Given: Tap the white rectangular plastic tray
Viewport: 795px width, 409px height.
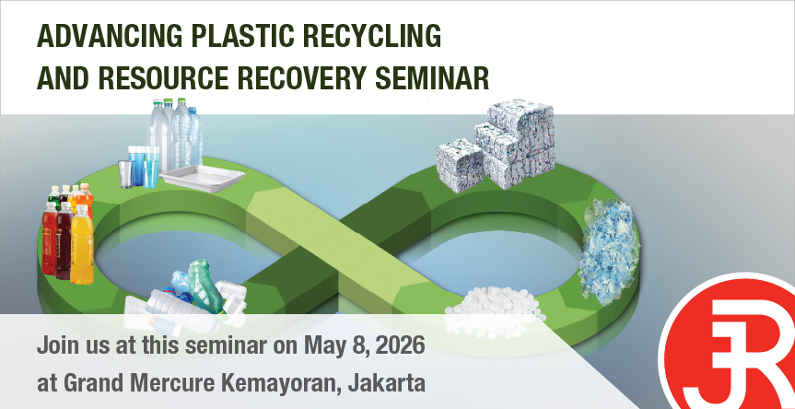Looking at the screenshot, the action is point(203,178).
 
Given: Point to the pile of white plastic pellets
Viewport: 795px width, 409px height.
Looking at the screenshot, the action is point(495,311).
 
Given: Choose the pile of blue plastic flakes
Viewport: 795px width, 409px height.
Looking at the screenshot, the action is point(608,251).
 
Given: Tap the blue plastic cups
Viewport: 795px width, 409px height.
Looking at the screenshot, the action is point(144,167).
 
